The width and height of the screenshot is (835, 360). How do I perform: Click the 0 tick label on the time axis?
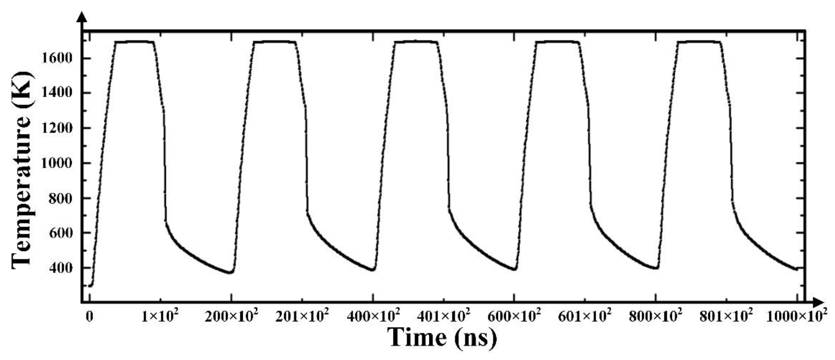point(89,316)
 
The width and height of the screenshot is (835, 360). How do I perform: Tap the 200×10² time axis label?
point(231,315)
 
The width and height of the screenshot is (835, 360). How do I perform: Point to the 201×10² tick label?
point(302,315)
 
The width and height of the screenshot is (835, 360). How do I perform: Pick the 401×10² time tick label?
point(443,315)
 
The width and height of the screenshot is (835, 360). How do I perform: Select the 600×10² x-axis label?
point(514,315)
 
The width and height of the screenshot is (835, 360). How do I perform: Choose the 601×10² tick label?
point(585,315)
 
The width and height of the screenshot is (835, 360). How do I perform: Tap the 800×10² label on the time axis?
point(656,315)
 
